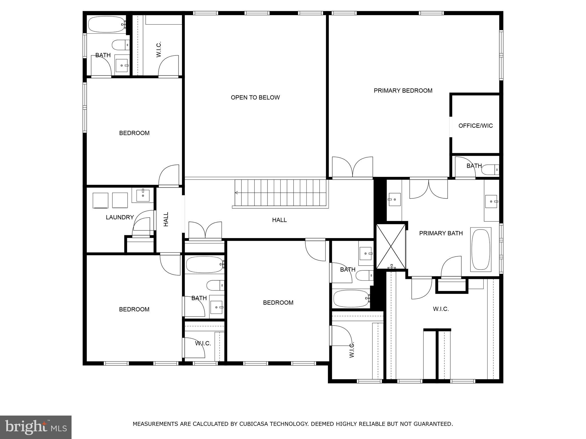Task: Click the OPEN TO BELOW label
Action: coord(255,97)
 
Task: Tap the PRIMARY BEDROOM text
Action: coord(403,91)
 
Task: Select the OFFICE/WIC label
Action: coord(475,126)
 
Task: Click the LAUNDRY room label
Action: coord(120,217)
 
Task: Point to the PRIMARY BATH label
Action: coord(441,233)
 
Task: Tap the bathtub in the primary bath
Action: coord(481,249)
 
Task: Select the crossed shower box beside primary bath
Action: coord(391,246)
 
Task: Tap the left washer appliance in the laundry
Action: coord(100,200)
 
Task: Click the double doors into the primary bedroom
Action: coord(353,167)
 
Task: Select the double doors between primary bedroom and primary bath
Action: coord(428,189)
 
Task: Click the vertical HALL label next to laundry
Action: coord(166,219)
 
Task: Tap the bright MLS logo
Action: coord(35,427)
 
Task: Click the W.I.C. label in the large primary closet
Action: coord(441,309)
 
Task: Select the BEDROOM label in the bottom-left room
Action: coord(134,309)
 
